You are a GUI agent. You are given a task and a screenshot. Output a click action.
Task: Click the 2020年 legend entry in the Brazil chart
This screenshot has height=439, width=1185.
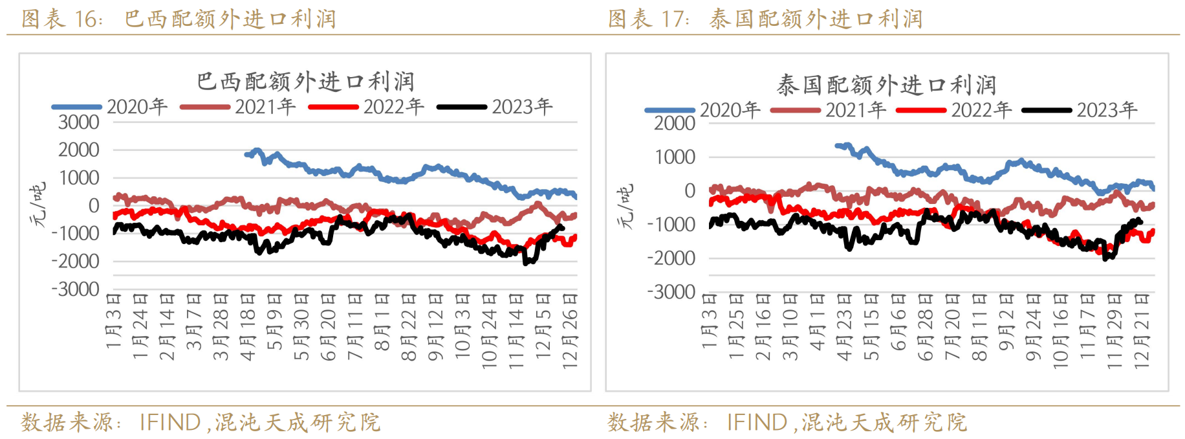[136, 106]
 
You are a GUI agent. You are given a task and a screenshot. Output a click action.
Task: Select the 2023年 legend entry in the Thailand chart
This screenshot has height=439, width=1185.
[1106, 109]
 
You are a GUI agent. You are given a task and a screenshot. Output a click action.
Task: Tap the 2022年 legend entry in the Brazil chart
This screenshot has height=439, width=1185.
[393, 106]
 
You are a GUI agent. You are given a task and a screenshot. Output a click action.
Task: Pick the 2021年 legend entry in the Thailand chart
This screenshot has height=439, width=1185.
[855, 109]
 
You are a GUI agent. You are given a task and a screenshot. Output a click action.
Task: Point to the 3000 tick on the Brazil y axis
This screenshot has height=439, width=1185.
[79, 122]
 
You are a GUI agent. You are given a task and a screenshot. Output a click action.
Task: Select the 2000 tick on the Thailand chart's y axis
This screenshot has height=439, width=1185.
[675, 123]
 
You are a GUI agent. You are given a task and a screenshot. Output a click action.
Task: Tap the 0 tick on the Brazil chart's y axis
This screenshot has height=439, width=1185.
[94, 205]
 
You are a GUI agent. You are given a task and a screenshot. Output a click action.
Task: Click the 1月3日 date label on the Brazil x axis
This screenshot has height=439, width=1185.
[114, 321]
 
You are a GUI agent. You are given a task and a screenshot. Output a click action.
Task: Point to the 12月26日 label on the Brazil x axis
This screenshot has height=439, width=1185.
[570, 330]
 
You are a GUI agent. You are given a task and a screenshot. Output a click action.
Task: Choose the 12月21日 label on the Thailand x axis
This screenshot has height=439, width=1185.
[1142, 330]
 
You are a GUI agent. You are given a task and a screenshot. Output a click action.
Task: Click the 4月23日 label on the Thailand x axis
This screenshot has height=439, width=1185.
[844, 327]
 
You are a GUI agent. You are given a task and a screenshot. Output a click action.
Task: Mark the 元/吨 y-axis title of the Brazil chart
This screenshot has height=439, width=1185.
[38, 205]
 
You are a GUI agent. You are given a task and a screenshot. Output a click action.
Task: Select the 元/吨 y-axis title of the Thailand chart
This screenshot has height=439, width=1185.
[625, 206]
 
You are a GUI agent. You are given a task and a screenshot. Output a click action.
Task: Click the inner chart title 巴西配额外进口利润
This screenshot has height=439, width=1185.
[305, 82]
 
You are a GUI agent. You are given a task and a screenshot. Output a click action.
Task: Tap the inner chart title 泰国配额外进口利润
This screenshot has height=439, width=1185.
[886, 85]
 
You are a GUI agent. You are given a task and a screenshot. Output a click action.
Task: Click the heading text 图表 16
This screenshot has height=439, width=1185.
[61, 19]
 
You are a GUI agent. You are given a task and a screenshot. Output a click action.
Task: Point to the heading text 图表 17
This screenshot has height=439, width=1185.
[648, 19]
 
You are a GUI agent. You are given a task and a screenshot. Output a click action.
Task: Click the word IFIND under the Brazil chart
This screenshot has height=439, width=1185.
[170, 423]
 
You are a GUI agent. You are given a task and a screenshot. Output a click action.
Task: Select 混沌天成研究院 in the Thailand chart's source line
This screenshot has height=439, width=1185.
[884, 423]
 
